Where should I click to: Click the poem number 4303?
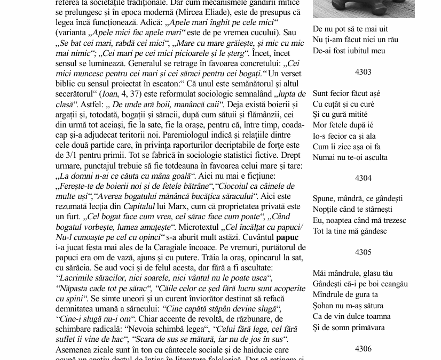pos(363,71)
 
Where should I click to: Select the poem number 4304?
pos(363,178)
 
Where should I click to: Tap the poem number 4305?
pos(363,252)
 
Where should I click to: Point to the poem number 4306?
pos(363,348)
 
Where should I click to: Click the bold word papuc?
pos(287,237)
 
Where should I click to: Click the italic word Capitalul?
pos(139,206)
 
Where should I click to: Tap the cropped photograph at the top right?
pos(363,9)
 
